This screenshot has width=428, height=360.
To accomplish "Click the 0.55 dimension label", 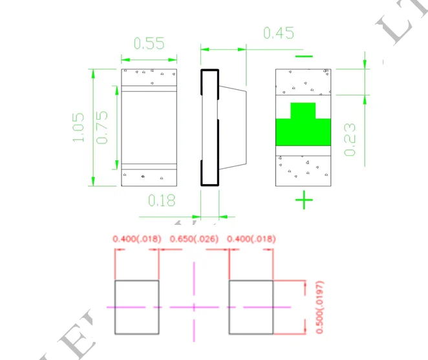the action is pyautogui.click(x=149, y=43).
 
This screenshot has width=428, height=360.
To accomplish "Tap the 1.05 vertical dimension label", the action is pyautogui.click(x=78, y=127).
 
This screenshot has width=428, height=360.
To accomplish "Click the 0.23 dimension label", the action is pyautogui.click(x=349, y=139).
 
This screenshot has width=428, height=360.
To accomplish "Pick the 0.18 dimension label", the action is pyautogui.click(x=162, y=200).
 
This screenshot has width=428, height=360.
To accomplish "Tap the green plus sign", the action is pyautogui.click(x=304, y=200).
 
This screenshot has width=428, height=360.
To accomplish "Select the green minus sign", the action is pyautogui.click(x=303, y=56).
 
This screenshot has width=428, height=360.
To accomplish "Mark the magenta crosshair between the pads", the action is pyautogui.click(x=194, y=306).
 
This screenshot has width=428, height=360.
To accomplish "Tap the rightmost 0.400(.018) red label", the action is pyautogui.click(x=249, y=239).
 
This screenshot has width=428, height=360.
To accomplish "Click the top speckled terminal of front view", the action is pyautogui.click(x=149, y=77).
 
